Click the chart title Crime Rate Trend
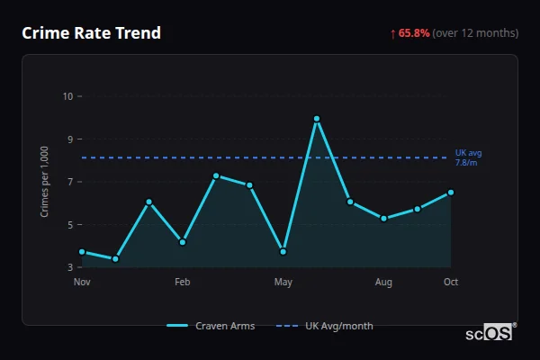coord(92,33)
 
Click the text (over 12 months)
coord(475,33)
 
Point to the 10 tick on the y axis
coord(68,96)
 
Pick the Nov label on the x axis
coord(82,283)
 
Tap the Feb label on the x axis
coord(183,283)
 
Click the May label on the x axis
coord(283,283)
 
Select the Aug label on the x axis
coord(383,283)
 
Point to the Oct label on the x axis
coord(451,283)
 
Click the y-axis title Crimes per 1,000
coord(45,183)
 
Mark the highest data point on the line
coord(317,119)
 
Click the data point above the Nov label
coord(82,252)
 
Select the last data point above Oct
coord(451,192)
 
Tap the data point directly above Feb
coord(183,242)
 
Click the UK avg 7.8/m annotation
coord(468,157)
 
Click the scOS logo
coord(489,332)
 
